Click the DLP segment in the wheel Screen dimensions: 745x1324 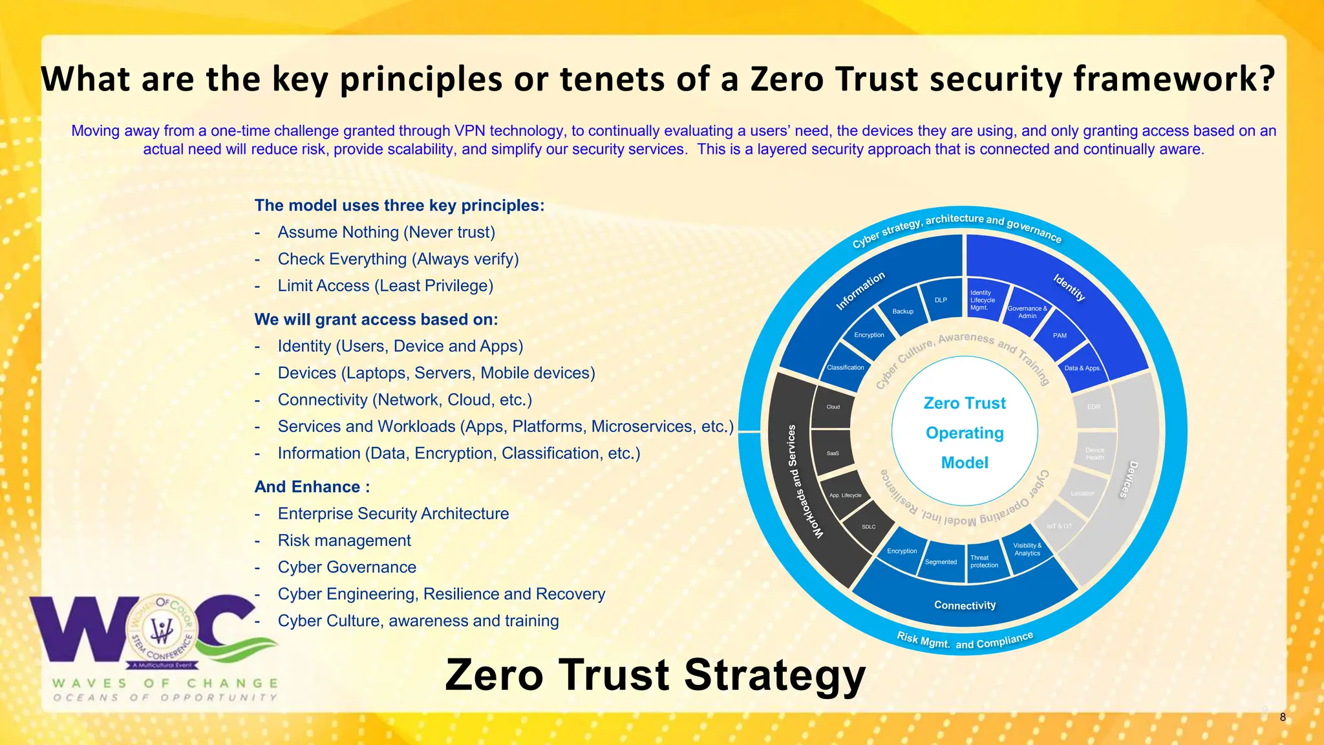(941, 300)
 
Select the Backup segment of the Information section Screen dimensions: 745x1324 (902, 312)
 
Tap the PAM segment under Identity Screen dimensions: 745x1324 (1060, 336)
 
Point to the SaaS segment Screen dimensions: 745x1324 (833, 453)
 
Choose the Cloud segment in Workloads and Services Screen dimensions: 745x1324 (833, 407)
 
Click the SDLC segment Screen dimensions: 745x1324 (868, 527)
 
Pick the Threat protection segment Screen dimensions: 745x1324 (984, 561)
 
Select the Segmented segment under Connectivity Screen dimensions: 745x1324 (941, 562)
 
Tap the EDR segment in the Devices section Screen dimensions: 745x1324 (1094, 407)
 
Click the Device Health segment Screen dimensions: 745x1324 (1094, 453)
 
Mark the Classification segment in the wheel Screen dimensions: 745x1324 (845, 367)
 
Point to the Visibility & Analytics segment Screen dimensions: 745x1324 (1027, 549)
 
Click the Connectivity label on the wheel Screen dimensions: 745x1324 (965, 605)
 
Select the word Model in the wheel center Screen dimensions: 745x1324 (965, 463)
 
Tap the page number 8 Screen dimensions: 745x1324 (1283, 717)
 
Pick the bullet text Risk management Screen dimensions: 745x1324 (344, 541)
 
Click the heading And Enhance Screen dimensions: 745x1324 (312, 487)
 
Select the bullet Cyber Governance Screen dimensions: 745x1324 (347, 567)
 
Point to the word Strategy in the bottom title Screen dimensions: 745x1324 (774, 675)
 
